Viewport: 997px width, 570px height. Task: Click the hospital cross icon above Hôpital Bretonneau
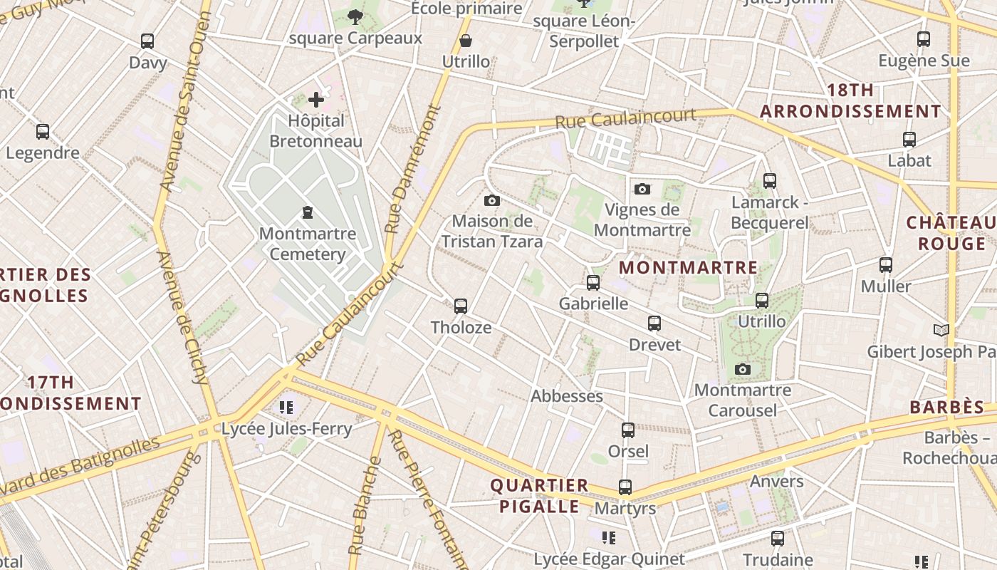coord(316,100)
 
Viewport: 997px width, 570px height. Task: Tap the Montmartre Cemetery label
coord(308,244)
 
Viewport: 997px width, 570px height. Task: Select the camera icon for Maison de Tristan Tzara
coord(491,201)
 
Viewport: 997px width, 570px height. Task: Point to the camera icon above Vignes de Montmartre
coord(642,189)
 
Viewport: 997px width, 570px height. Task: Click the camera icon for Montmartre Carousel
coord(743,369)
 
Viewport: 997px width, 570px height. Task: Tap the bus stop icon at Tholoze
coord(461,306)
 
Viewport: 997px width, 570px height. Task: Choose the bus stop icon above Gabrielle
coord(593,283)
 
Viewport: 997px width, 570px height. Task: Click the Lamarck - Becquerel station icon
coord(769,181)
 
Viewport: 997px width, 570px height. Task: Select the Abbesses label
coord(567,396)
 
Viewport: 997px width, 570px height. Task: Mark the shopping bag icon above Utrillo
coord(466,41)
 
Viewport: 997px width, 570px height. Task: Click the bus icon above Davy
coord(147,41)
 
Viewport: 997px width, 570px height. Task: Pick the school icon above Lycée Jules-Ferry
coord(286,408)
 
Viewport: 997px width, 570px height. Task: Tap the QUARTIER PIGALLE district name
coord(539,496)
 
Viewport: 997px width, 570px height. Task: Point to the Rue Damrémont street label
coord(412,170)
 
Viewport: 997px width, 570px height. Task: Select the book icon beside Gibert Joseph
coord(941,330)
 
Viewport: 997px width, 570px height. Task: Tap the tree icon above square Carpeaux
coord(355,16)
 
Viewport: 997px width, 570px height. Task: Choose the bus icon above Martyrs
coord(625,487)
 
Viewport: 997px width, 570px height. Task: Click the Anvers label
coord(776,482)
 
